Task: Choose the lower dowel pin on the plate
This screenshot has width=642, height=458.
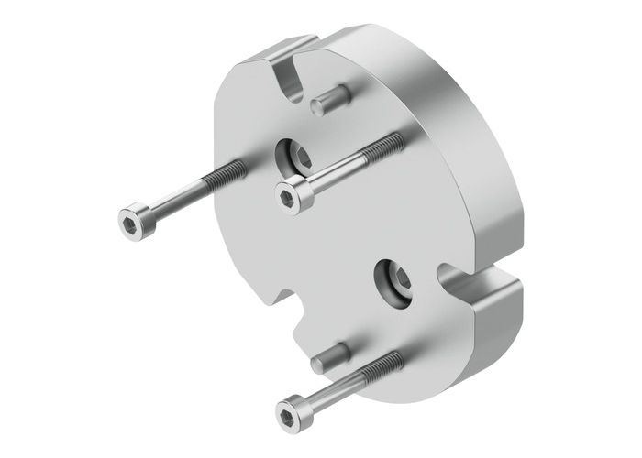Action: pyautogui.click(x=332, y=355)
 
